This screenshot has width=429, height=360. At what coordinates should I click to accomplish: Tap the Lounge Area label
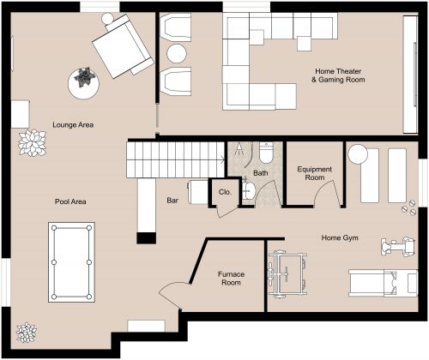tap(73, 125)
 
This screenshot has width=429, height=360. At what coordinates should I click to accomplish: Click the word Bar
tap(172, 202)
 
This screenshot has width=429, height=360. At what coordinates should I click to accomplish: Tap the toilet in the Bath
tap(266, 153)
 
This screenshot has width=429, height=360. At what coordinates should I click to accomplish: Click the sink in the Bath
tap(248, 189)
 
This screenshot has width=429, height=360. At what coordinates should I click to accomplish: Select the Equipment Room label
tap(314, 174)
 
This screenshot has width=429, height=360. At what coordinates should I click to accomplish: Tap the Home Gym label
tap(339, 237)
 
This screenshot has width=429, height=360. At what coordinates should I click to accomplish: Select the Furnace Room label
tap(232, 279)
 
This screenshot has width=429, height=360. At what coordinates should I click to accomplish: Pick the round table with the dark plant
tap(84, 81)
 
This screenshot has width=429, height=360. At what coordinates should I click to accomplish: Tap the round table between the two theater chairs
tap(176, 54)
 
